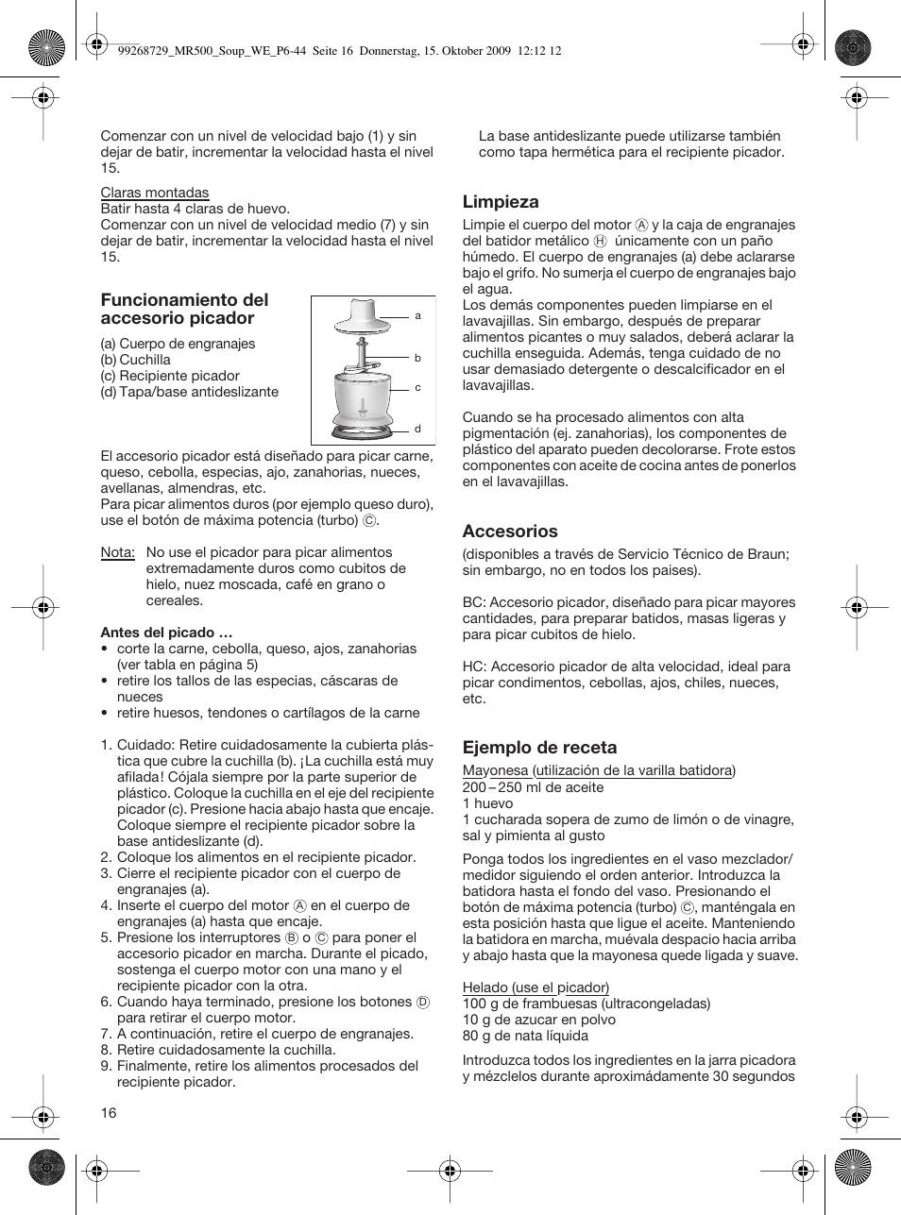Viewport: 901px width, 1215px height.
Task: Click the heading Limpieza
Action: [x=501, y=202]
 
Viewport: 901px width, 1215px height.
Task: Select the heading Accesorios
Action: [x=510, y=532]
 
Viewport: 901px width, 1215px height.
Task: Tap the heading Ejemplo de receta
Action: [x=539, y=748]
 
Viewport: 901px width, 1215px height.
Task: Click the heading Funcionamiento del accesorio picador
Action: [x=184, y=309]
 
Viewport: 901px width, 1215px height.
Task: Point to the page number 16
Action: [x=109, y=1113]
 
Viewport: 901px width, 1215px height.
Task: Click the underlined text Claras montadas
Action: [x=155, y=193]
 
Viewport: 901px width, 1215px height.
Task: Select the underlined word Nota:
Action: [x=118, y=552]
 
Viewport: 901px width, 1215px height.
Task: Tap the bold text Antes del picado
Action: [x=166, y=633]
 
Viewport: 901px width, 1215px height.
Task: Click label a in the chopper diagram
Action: [x=417, y=315]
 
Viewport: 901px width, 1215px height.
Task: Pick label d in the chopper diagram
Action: [x=417, y=429]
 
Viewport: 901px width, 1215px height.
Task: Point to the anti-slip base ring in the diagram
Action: [x=365, y=430]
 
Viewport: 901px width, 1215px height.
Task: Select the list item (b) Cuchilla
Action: [x=136, y=360]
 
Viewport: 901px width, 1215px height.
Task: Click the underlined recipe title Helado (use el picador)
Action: [x=535, y=987]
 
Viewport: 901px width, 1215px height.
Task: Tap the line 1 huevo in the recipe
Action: [x=488, y=803]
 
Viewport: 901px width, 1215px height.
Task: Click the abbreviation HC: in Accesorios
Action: [x=475, y=667]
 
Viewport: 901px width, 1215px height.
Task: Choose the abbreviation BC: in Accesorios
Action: [x=475, y=602]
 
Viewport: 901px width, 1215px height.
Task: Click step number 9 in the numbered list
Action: [x=107, y=1066]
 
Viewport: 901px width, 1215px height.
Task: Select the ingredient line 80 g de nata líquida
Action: [x=525, y=1036]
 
